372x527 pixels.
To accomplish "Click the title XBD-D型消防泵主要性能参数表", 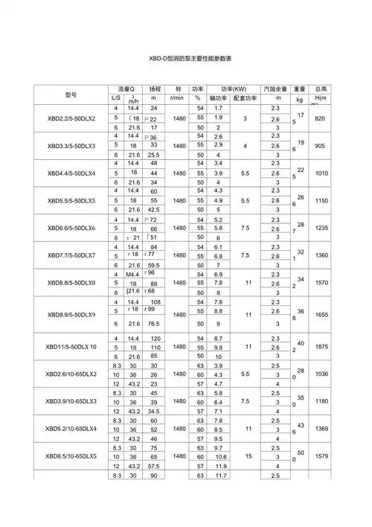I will coord(185,57).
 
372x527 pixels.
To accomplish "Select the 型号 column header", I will coord(71,94).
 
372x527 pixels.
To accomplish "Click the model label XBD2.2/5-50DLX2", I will coord(71,119).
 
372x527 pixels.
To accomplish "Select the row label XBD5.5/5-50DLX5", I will coord(71,201).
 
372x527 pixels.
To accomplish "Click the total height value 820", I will coord(321,119).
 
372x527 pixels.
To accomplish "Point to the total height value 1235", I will coord(321,229).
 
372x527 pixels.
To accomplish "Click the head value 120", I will coord(154,339).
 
